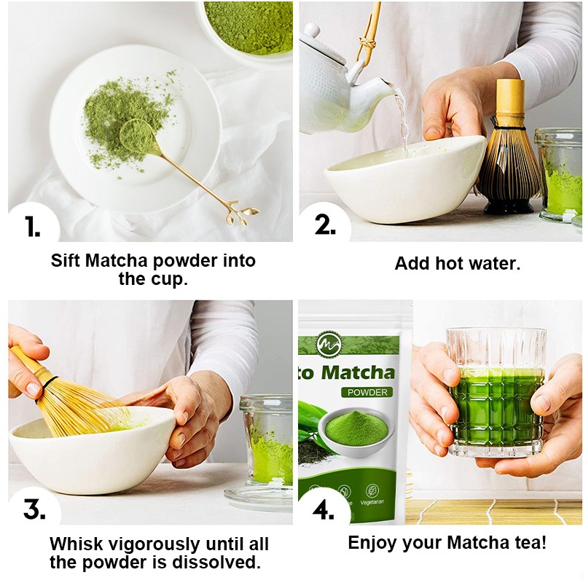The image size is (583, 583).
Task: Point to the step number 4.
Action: pos(323,509)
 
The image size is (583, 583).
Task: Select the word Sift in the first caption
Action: pos(67,261)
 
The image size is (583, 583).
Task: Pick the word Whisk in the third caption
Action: pos(77,544)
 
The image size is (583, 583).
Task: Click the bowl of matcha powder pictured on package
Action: pos(355,429)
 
